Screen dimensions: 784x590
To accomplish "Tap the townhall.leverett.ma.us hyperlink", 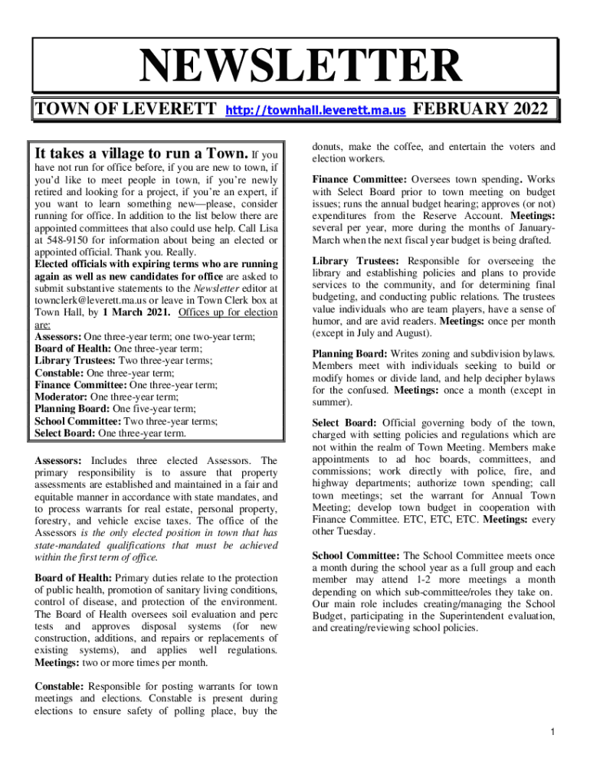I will pos(315,111).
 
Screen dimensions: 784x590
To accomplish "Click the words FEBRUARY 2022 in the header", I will pos(480,109).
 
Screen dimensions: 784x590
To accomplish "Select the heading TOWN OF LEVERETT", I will pos(125,110).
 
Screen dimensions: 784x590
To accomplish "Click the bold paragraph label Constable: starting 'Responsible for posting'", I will pos(61,686).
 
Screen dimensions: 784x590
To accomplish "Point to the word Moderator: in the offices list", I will pos(62,397).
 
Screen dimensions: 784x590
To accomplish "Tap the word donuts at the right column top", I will pos(327,146).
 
